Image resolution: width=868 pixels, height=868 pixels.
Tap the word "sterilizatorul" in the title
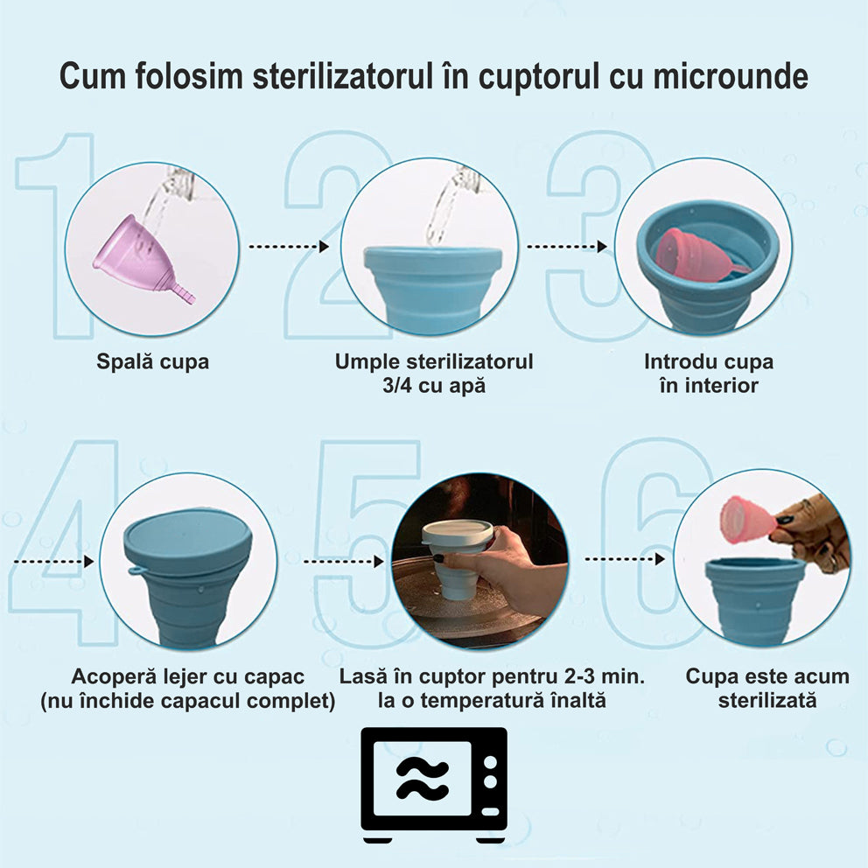[x=342, y=76]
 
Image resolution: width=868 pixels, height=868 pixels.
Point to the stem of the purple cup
[x=185, y=292]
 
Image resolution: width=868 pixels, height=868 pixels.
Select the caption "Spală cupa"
[x=153, y=362]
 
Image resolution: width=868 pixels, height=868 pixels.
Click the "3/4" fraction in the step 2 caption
[x=397, y=386]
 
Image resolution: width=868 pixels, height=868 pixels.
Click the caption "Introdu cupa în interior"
[x=709, y=374]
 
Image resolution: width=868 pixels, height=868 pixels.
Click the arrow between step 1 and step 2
[x=289, y=247]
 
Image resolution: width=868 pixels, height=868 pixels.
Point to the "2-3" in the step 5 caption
[x=584, y=676]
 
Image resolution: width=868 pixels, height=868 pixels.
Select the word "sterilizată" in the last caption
[x=767, y=700]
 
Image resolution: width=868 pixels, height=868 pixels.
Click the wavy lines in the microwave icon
[x=423, y=780]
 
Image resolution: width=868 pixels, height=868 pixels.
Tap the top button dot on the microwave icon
[x=490, y=763]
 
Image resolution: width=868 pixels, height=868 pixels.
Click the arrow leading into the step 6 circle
[x=625, y=559]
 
